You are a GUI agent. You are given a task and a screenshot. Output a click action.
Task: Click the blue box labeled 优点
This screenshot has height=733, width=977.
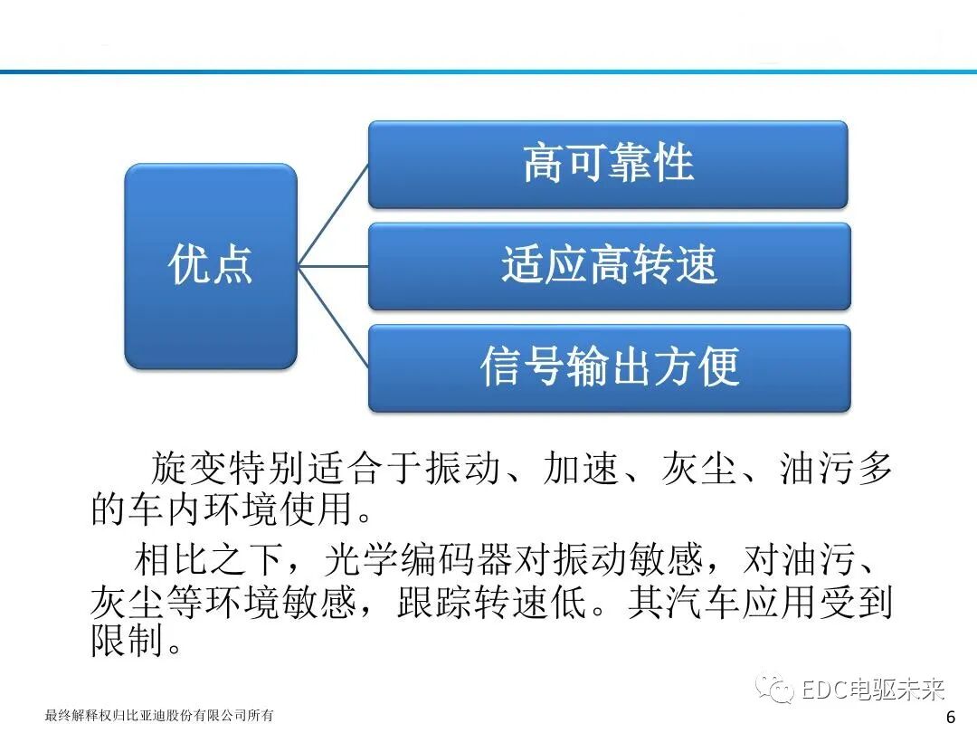pos(210,265)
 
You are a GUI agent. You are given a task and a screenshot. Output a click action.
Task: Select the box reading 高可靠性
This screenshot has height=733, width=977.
pos(608,164)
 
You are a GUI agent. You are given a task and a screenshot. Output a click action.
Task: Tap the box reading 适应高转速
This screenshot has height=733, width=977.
pos(609,265)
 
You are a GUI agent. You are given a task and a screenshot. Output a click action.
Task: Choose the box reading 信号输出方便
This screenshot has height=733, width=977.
pos(609,367)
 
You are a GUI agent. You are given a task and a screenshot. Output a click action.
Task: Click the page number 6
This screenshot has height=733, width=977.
pos(950,717)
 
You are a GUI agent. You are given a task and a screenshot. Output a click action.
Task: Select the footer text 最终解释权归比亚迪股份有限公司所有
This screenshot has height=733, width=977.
pos(159,716)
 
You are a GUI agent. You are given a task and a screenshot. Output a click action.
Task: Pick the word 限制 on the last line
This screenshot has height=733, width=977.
pos(128,642)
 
